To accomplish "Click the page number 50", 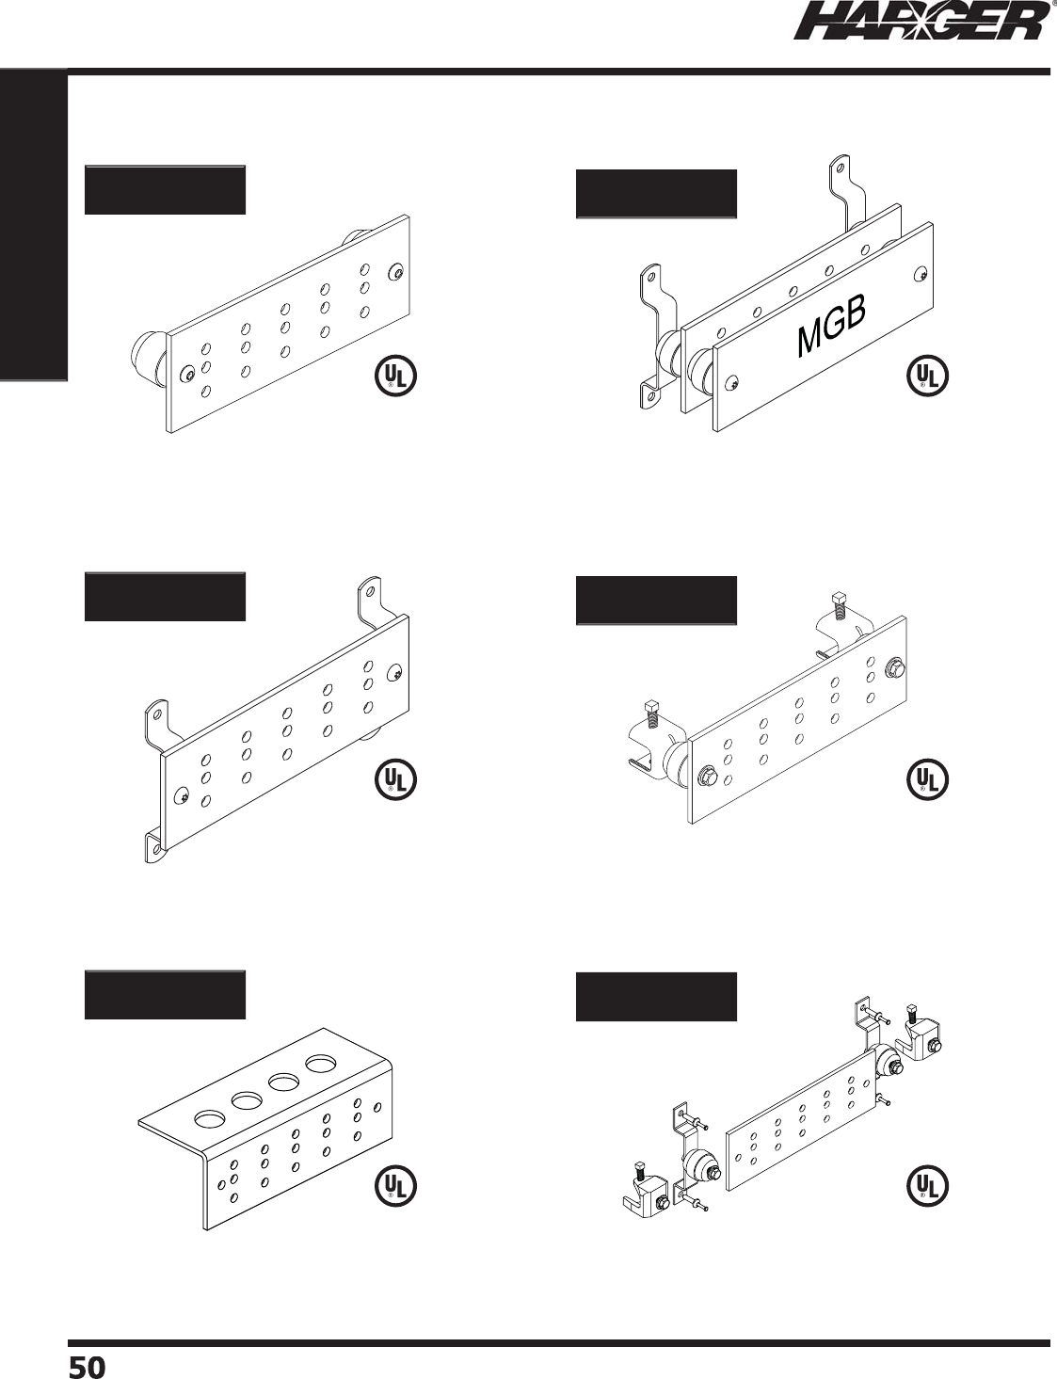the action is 87,1367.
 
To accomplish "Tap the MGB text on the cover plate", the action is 831,326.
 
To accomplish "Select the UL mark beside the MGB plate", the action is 927,376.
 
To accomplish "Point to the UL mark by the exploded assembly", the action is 927,1186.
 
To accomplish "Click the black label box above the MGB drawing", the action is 655,194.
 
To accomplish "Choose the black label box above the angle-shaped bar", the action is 165,995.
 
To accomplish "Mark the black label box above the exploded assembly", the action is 655,998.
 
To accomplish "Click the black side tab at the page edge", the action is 34,226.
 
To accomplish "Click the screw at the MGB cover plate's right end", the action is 919,275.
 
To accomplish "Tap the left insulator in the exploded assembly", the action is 698,1168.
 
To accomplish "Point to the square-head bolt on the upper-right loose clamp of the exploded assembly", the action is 911,1016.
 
